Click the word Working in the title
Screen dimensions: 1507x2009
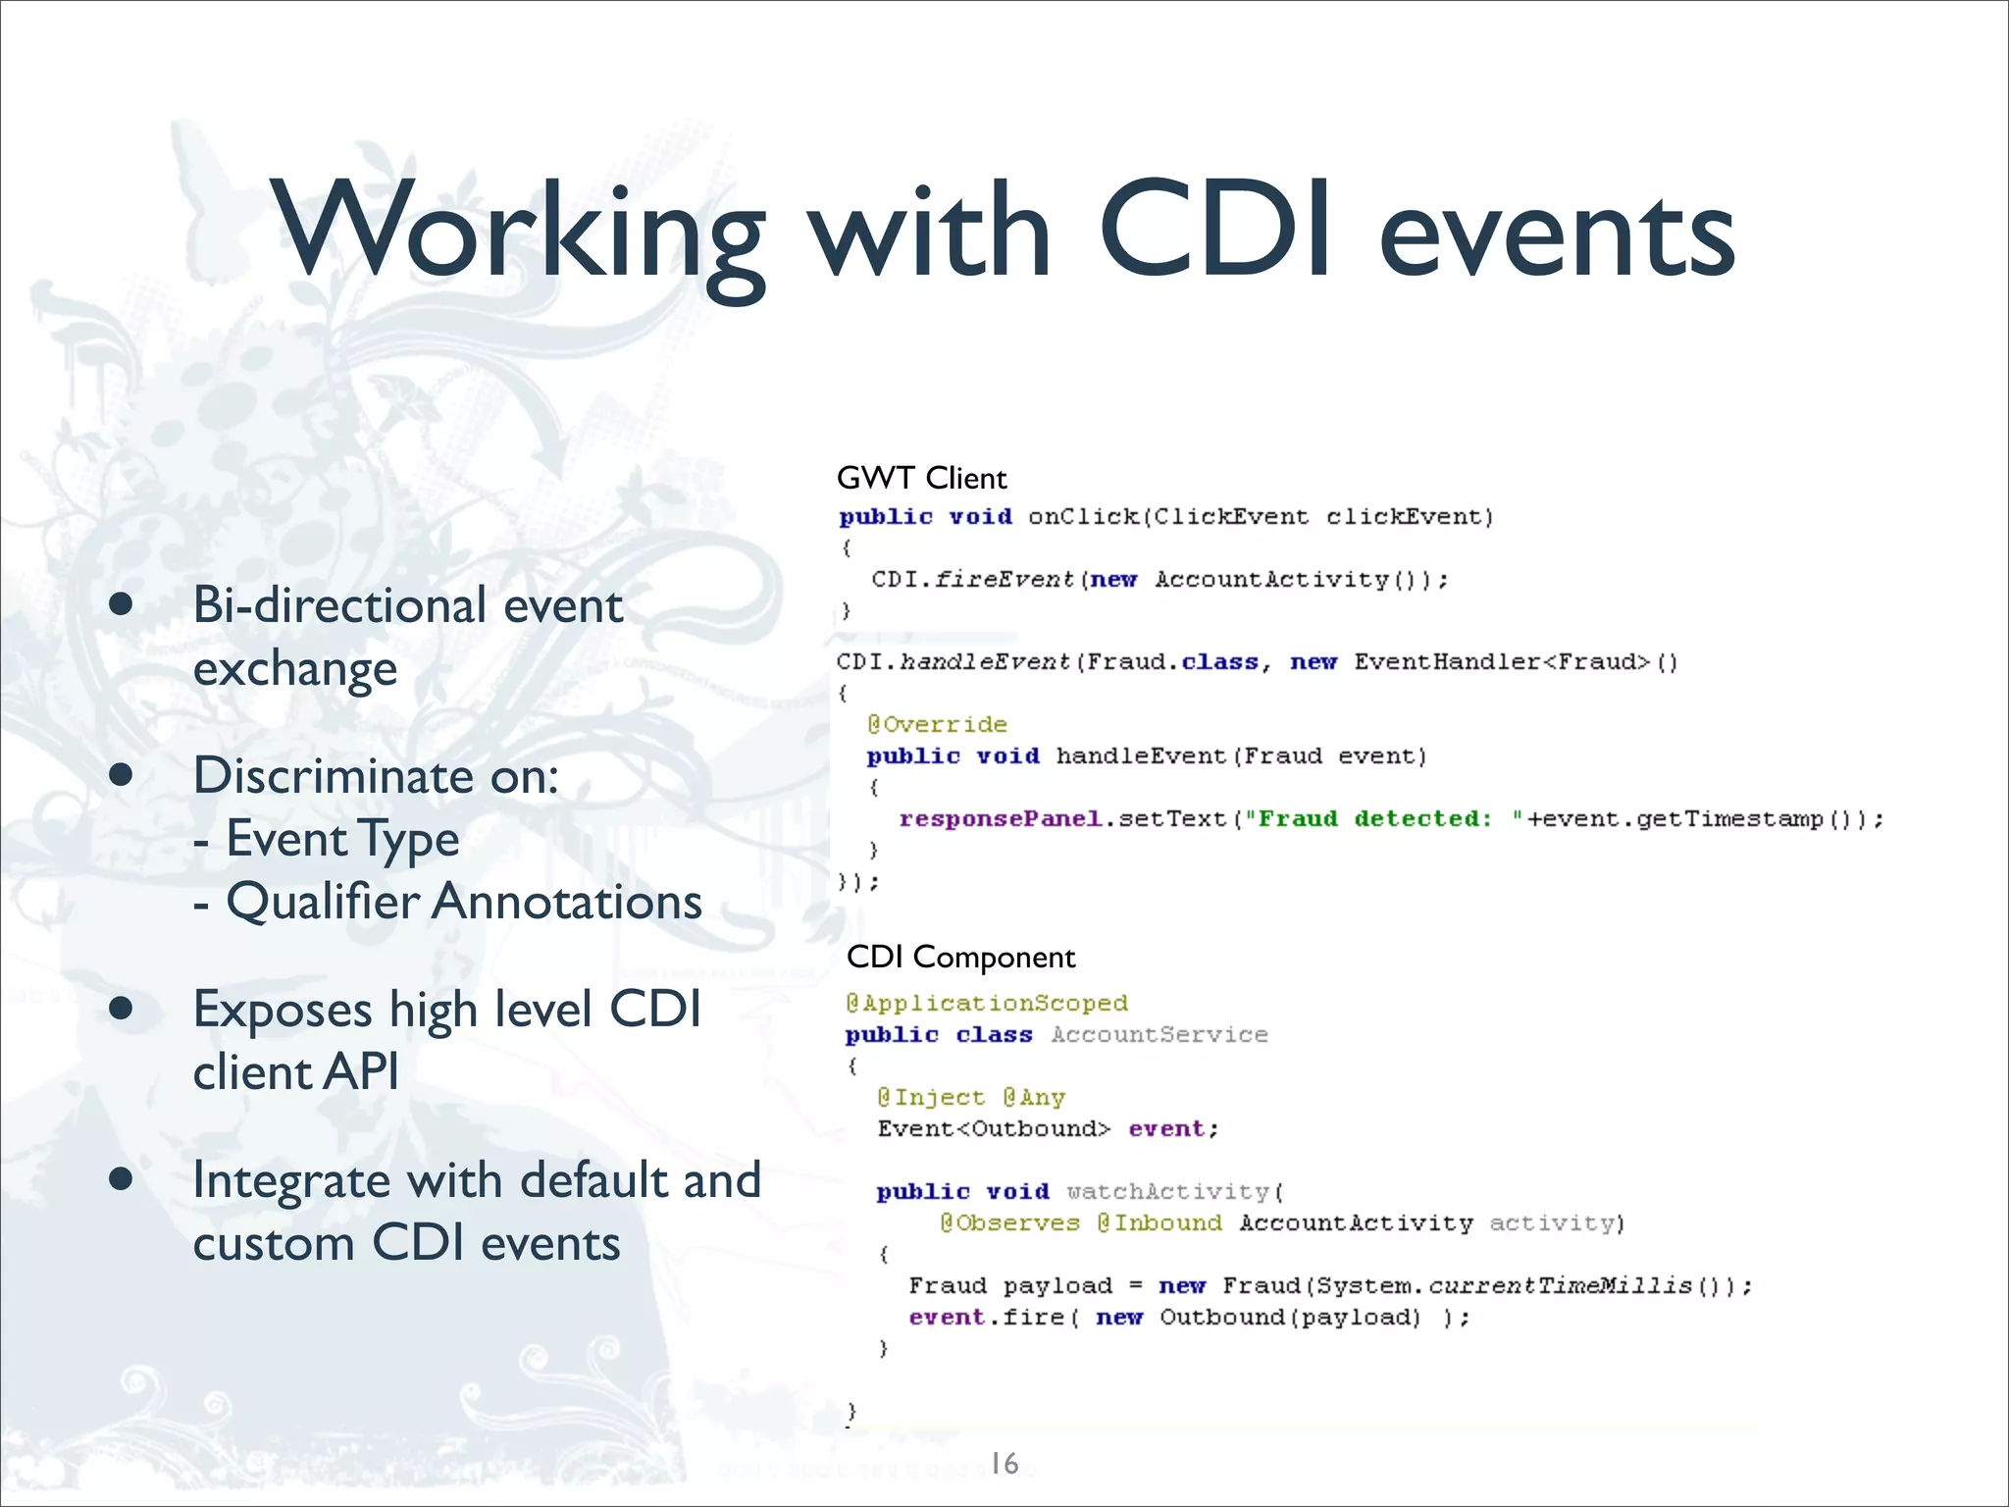click(520, 234)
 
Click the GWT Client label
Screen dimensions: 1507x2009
click(921, 478)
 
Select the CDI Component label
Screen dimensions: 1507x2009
click(960, 957)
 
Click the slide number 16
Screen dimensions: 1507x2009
click(1004, 1463)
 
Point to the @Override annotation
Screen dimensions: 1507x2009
click(937, 724)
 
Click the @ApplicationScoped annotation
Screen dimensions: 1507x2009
click(987, 1003)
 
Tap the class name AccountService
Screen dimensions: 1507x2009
click(1159, 1034)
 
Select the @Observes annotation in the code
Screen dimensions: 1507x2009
click(1009, 1222)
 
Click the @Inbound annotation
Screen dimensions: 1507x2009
click(1159, 1222)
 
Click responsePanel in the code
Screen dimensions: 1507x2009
click(1001, 818)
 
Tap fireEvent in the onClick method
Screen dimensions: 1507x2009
click(1004, 579)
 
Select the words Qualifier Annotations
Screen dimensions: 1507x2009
click(464, 901)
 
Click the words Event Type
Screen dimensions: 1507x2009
click(342, 839)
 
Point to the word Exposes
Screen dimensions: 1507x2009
click(283, 1010)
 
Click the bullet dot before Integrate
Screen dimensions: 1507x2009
click(122, 1179)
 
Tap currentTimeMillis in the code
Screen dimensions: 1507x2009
click(1560, 1285)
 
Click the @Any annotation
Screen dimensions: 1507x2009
click(1034, 1097)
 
